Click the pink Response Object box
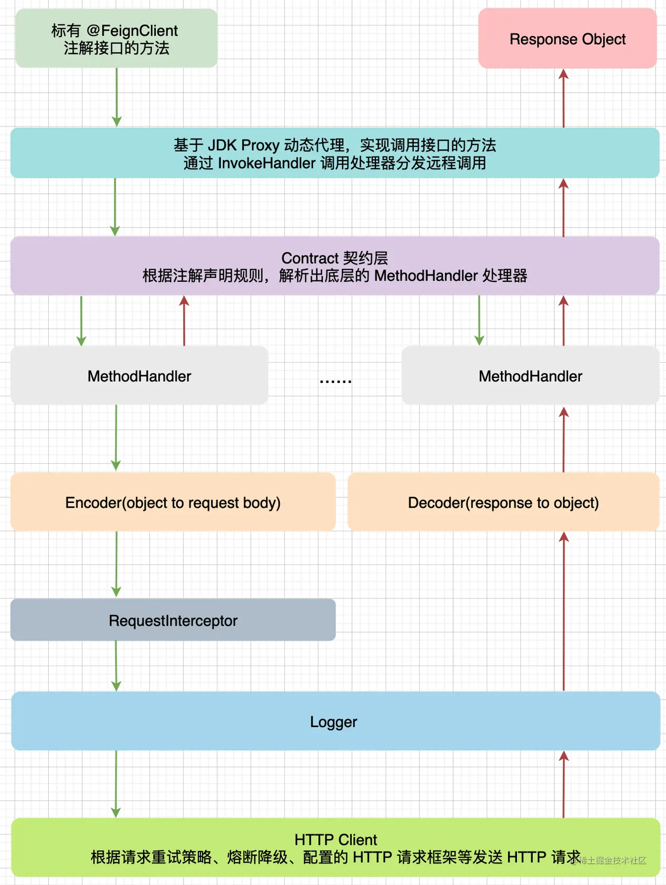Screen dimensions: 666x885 (567, 38)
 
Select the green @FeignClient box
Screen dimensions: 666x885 (116, 38)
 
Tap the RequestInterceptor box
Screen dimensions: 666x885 (173, 620)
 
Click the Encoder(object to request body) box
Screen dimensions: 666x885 (173, 502)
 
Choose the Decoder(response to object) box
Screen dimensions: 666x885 (503, 502)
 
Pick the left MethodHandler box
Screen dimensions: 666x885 (139, 375)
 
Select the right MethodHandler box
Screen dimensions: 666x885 (530, 375)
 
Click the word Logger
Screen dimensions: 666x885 (333, 722)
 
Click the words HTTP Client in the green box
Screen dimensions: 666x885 (335, 840)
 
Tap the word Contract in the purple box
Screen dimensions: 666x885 (310, 258)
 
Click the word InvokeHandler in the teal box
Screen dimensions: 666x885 (267, 163)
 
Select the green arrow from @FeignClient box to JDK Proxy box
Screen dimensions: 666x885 (117, 97)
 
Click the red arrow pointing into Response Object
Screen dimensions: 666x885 (563, 98)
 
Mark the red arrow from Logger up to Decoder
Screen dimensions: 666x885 (563, 611)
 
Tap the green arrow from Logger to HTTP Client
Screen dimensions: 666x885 (116, 784)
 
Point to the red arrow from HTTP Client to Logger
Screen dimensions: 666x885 (563, 784)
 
